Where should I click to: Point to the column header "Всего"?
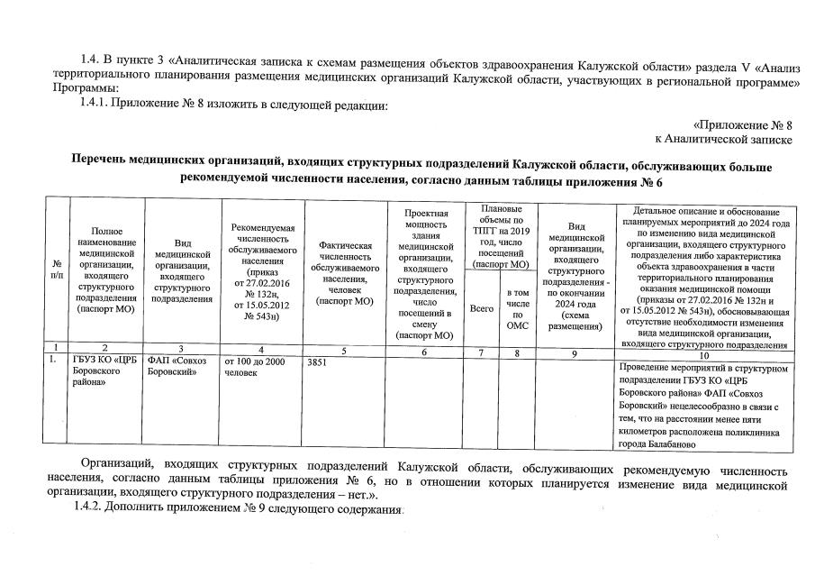(x=482, y=309)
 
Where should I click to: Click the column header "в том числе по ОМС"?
(x=518, y=309)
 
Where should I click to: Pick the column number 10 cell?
(x=705, y=353)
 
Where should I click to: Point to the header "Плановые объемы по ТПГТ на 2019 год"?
(x=501, y=236)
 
